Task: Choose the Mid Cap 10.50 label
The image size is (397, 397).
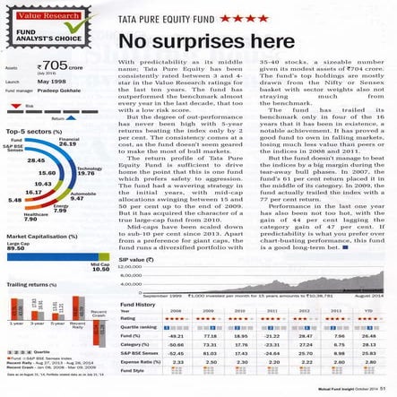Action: point(100,266)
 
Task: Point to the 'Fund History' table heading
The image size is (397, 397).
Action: point(137,305)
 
